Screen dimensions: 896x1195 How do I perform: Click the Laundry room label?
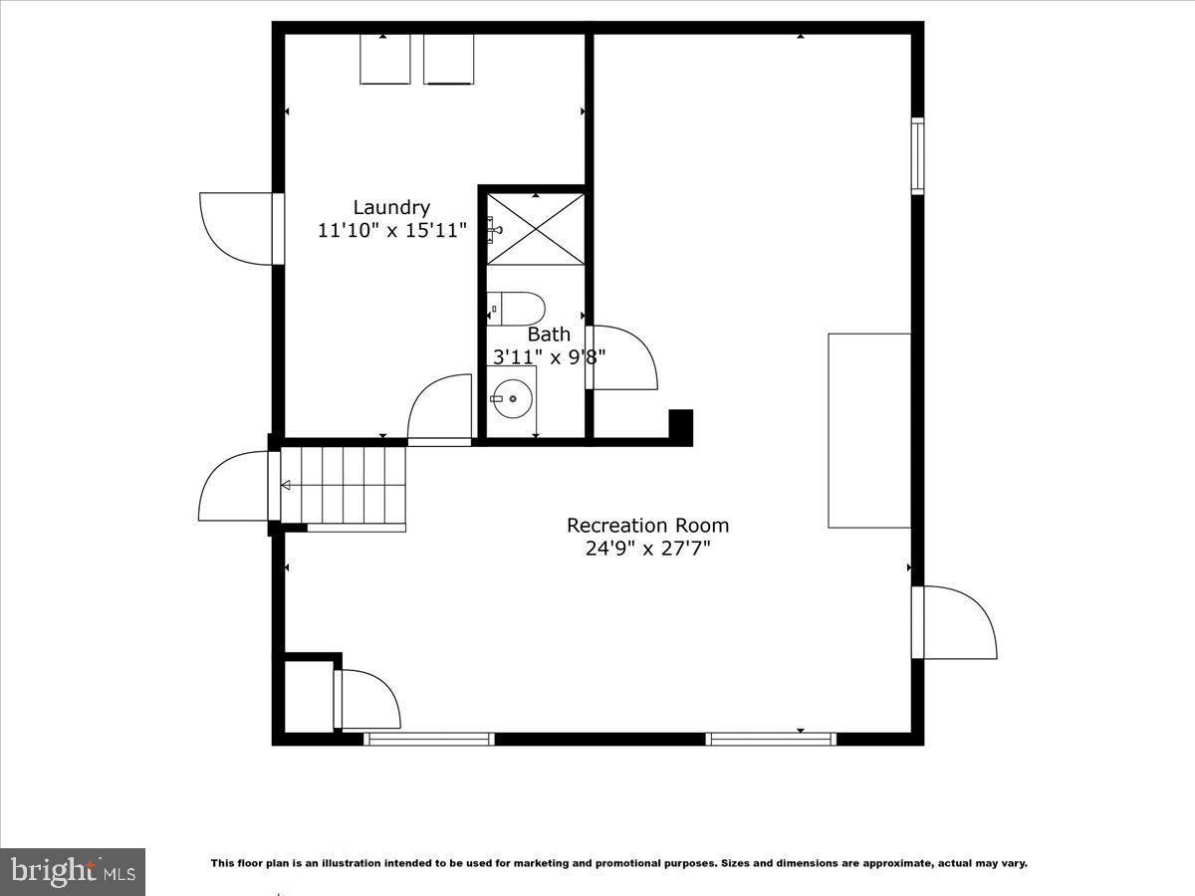tap(391, 207)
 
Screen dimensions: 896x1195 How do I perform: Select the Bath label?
tap(549, 334)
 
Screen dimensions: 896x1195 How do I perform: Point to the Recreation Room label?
tap(647, 525)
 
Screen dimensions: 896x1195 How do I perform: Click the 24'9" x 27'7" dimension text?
tap(647, 548)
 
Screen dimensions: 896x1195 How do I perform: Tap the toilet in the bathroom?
tap(516, 307)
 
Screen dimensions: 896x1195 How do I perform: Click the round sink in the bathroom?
tap(512, 399)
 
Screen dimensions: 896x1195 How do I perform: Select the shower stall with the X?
tap(536, 229)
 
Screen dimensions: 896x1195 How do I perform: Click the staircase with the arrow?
tap(344, 485)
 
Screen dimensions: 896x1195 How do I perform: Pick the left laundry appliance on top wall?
tap(384, 60)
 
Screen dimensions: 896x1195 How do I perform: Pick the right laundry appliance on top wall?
tap(448, 60)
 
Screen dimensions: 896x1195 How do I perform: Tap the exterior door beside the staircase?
tap(235, 486)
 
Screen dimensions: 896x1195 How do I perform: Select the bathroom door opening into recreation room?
tap(622, 357)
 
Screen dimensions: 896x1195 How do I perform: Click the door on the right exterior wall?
tap(956, 622)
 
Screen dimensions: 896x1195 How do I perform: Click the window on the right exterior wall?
tap(917, 155)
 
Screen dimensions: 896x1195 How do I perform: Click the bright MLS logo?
tap(73, 871)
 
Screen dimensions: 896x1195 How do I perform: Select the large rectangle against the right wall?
tap(869, 430)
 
